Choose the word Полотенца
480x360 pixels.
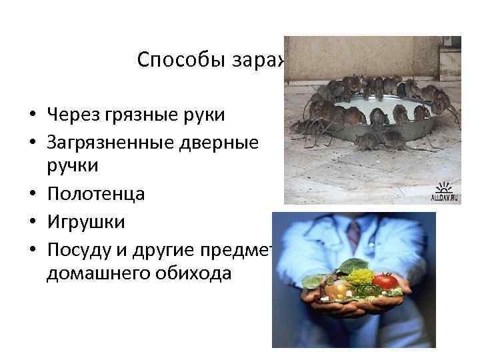[95, 195]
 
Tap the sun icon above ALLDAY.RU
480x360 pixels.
[445, 185]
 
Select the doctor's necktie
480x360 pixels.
[354, 233]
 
